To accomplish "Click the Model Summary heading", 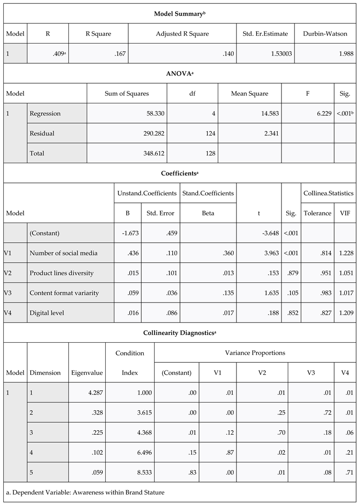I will pos(180,13).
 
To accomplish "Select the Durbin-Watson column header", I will pos(325,34).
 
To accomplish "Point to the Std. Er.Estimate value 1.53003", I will pos(278,54).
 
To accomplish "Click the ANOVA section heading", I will pos(180,74).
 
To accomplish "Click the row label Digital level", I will pos(46,313).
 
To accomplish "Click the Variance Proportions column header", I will pos(255,353).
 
